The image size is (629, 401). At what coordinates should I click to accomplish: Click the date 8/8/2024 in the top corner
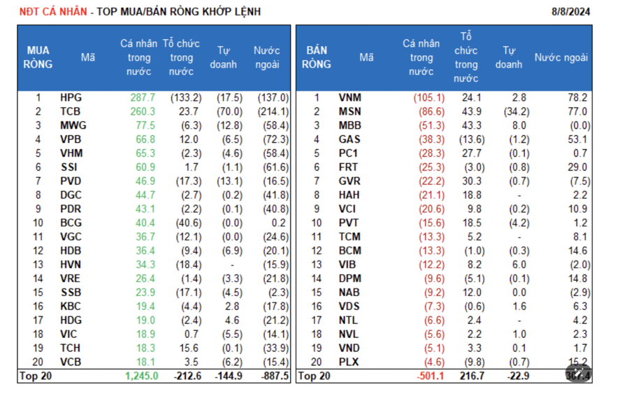571,12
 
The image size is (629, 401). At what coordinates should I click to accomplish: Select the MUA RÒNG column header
38,57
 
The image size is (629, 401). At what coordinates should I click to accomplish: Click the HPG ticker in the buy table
71,98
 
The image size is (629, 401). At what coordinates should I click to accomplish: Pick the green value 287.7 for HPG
142,98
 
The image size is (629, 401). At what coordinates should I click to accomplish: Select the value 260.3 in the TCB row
142,111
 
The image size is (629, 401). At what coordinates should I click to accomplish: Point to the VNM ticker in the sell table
349,98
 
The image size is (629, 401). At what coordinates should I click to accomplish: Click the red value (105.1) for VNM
428,98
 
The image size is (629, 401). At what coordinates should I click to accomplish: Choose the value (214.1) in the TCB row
273,111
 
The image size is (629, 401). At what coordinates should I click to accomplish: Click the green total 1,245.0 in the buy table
141,376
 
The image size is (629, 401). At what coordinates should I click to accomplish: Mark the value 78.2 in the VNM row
578,98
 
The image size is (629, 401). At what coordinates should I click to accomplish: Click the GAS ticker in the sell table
349,139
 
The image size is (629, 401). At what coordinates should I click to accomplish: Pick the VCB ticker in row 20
71,362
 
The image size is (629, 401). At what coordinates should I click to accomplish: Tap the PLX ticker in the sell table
349,362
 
